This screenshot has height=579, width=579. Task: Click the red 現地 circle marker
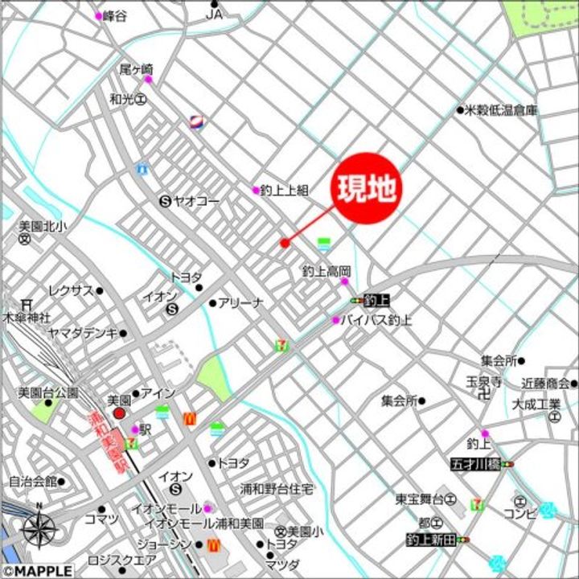click(367, 189)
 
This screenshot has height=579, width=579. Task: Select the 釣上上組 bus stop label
click(285, 191)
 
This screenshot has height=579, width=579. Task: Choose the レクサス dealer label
click(71, 290)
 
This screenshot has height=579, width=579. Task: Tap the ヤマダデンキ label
click(82, 332)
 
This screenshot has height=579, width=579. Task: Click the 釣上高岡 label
click(326, 271)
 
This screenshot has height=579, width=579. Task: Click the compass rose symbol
click(39, 528)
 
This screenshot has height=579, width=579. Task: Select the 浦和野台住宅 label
click(277, 488)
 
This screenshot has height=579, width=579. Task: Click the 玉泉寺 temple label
click(485, 381)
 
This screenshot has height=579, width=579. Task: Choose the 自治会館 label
click(32, 482)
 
